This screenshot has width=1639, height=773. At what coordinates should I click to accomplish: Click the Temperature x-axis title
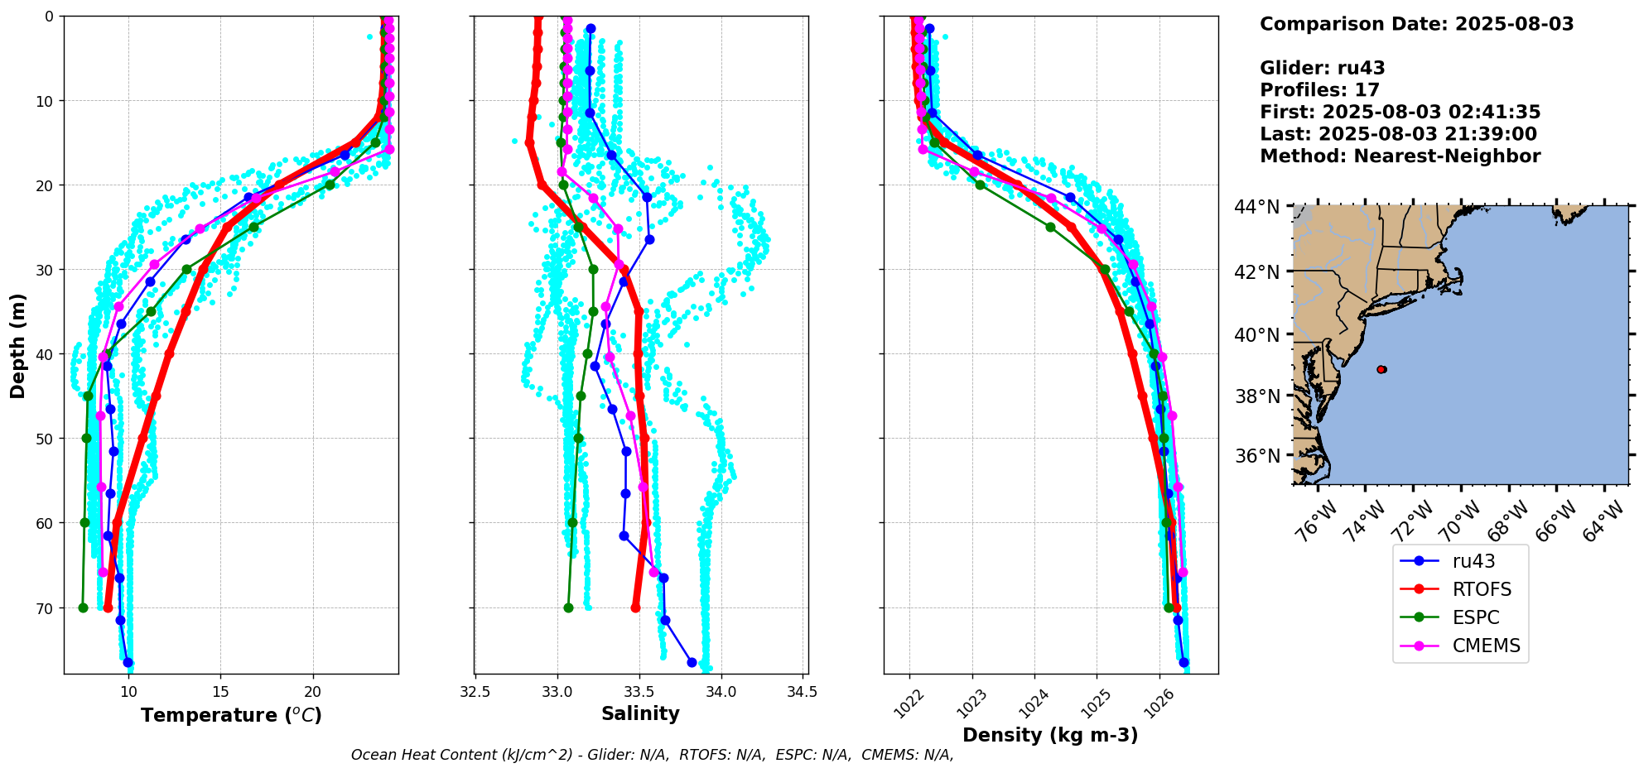(x=231, y=715)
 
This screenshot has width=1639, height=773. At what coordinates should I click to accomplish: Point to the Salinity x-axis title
(x=640, y=713)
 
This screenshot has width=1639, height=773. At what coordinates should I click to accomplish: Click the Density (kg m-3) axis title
(x=1049, y=735)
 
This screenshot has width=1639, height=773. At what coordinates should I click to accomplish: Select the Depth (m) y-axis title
(x=18, y=345)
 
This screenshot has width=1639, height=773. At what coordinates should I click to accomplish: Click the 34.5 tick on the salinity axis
(x=801, y=692)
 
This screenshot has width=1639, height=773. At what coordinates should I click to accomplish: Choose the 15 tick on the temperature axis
(x=220, y=692)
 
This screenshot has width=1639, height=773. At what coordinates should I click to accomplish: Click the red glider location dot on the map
(x=1381, y=369)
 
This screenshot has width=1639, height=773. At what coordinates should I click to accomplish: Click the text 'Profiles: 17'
(x=1319, y=90)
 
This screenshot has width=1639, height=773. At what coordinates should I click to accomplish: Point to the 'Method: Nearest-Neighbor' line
(x=1400, y=156)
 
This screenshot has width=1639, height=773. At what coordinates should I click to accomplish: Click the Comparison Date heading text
(x=1416, y=24)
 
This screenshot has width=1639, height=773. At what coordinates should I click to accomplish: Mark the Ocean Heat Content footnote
(x=652, y=755)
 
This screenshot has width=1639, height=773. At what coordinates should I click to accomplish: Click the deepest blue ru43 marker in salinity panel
(x=692, y=662)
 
